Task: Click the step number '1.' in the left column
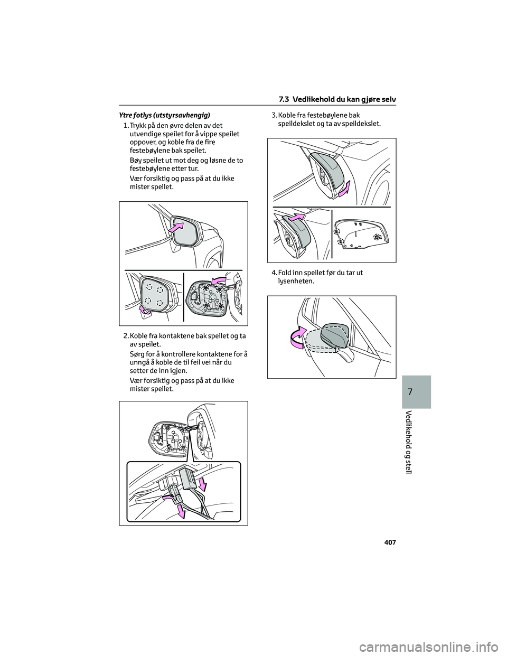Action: [125, 126]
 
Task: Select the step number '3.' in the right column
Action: [274, 115]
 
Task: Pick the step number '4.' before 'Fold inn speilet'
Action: [274, 273]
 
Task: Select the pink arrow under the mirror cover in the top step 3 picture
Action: [344, 189]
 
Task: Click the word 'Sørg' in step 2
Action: [138, 353]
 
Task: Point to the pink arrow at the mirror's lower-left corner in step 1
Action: [144, 310]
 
